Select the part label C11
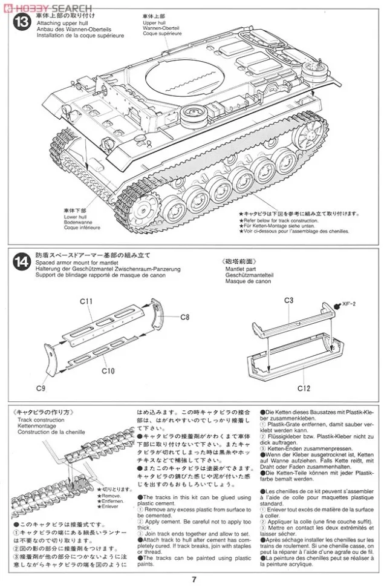click(85, 301)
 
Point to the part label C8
click(185, 316)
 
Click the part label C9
click(41, 387)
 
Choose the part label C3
click(288, 300)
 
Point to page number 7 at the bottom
click(193, 579)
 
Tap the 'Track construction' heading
click(41, 419)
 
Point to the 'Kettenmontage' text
click(40, 426)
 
